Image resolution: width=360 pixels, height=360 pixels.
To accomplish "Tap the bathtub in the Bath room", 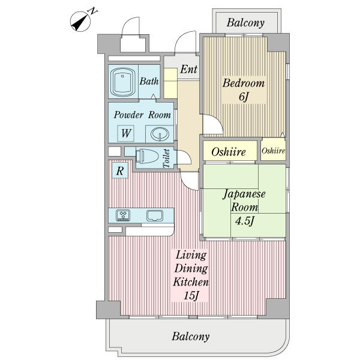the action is coord(122,82).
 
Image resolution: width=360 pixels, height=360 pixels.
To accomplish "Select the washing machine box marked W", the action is coord(125,133).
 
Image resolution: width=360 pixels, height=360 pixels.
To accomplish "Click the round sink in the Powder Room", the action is coord(160,134).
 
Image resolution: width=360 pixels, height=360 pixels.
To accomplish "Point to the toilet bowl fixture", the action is coord(147,156).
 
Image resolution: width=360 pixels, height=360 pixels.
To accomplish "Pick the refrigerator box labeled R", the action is coord(120,170).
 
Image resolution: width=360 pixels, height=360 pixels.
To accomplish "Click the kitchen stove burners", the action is coord(123,215).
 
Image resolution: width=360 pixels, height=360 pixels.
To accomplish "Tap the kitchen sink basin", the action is coord(155,215).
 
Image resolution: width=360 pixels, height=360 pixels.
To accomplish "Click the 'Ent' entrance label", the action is coord(188,69).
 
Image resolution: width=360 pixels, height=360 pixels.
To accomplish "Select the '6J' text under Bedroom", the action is coord(244,97).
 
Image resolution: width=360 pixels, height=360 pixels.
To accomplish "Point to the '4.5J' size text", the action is coord(245,221).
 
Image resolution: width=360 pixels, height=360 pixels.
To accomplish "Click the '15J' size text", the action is coord(191,295).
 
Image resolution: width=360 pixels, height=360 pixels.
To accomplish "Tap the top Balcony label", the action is coord(245,23).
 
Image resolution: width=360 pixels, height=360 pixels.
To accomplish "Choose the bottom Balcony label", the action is coord(191,337).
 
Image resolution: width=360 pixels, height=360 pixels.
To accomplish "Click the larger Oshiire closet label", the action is coord(229,152).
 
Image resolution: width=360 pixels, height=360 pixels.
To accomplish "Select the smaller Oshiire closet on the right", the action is coord(273,151).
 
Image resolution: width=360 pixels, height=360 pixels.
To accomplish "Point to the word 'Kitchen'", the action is coord(191,282).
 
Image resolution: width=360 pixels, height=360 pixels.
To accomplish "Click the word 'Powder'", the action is coord(128,115).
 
